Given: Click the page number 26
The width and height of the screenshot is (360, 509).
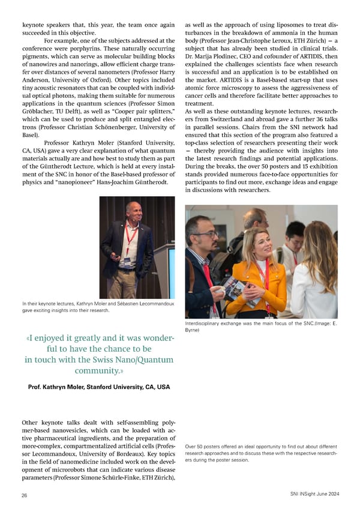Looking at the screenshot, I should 25,496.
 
